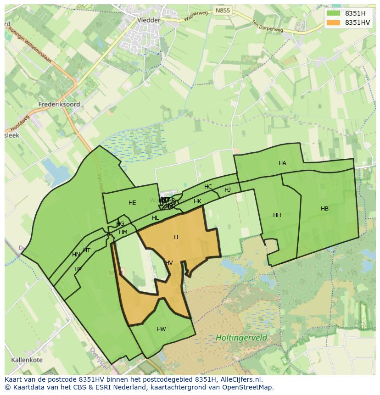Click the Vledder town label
pos(149,20)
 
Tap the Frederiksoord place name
pos(59,104)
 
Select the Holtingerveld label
pos(241,338)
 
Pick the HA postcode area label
pos(282,163)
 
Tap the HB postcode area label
pos(324,209)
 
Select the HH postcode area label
pos(277,215)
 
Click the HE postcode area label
pos(132,203)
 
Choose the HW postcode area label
pos(161,329)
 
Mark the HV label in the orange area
pos(169,263)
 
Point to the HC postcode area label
pos(208,187)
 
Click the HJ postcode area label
pos(228,190)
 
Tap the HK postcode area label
pos(197,201)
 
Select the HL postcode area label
pos(155,218)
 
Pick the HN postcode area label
pos(76,255)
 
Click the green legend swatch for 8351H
pos(333,13)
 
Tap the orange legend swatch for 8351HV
pos(333,22)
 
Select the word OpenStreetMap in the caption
pos(248,387)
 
